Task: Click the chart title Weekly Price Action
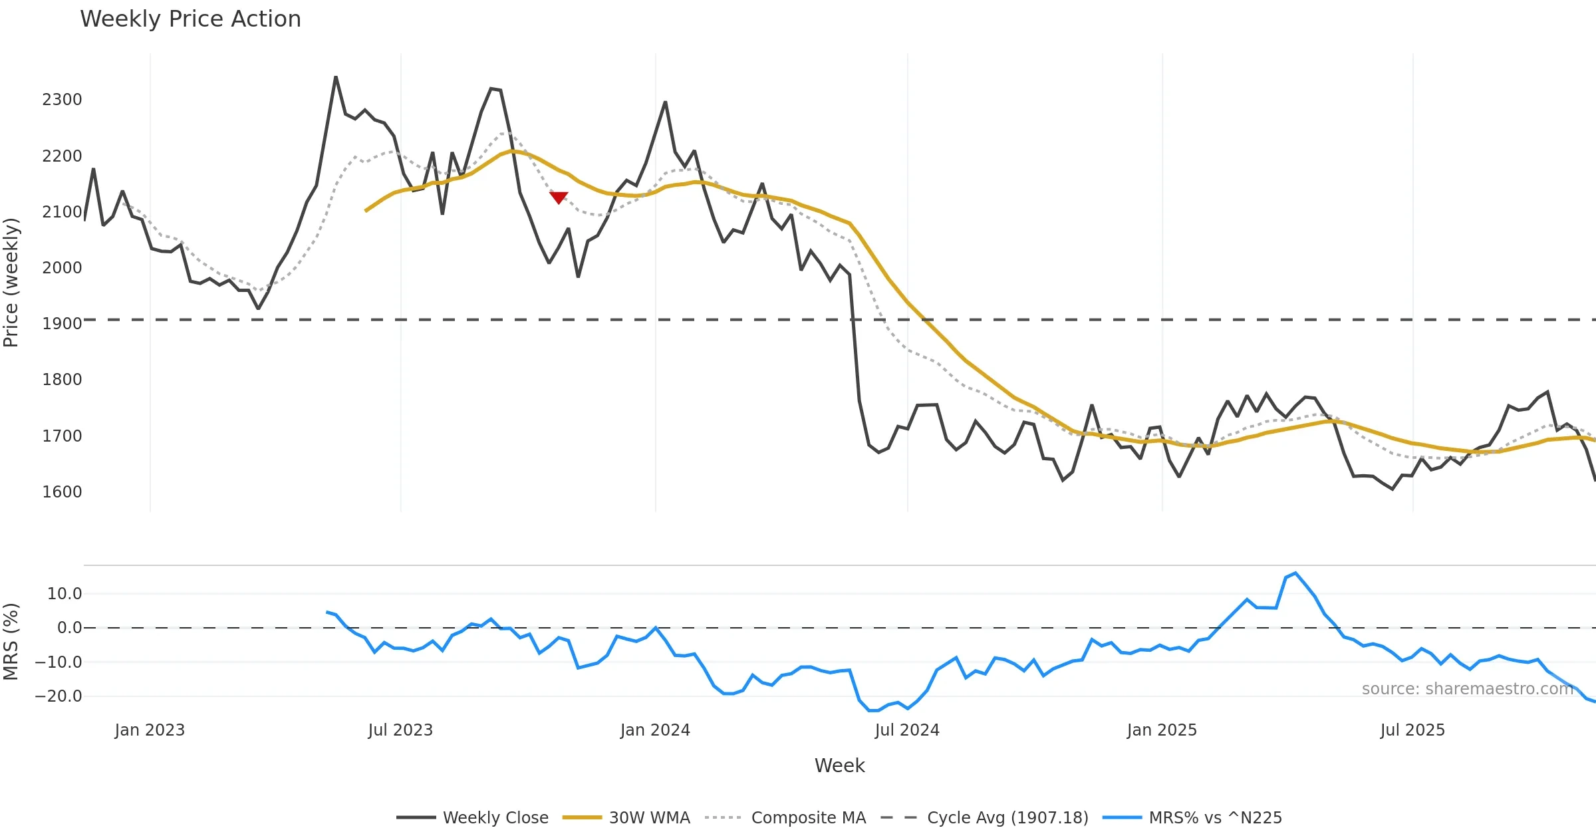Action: point(190,19)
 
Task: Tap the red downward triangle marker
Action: point(559,198)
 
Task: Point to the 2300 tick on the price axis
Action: point(62,100)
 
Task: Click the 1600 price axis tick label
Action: point(62,492)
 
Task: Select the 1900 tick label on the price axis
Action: point(62,324)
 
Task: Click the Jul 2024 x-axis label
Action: point(907,730)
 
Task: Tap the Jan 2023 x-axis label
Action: point(150,730)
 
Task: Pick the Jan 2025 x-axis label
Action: point(1162,730)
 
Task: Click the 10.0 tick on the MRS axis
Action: point(65,594)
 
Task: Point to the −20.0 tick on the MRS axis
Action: point(59,696)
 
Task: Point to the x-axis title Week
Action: point(839,766)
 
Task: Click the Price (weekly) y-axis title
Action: point(11,283)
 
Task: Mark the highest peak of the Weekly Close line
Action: point(336,77)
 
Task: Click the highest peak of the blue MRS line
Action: point(1295,573)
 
